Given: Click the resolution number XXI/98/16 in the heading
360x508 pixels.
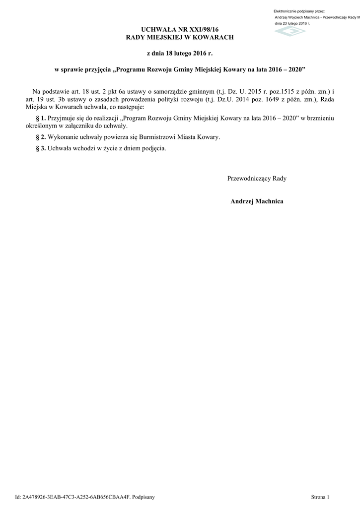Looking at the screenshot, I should point(201,30).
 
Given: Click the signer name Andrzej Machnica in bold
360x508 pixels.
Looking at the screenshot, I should point(257,201).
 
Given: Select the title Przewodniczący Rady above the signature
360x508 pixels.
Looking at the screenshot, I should point(257,178).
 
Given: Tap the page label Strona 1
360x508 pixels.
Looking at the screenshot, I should point(320,497).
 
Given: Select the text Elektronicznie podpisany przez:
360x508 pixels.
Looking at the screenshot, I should point(299,11).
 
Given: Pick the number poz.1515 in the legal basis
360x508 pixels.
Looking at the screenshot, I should point(270,92).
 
